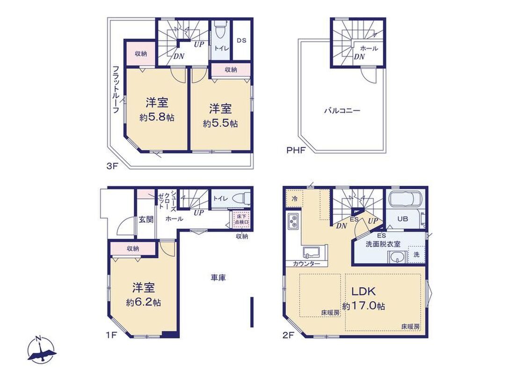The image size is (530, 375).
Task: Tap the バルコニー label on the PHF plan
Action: (342, 111)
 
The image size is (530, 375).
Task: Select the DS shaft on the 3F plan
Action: (241, 40)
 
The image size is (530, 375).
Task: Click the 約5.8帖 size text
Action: (157, 118)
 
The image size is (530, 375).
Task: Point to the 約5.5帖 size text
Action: (220, 123)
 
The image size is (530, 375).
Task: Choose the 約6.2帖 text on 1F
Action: (143, 302)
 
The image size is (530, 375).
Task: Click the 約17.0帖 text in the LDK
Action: (363, 306)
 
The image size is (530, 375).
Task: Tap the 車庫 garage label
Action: (218, 278)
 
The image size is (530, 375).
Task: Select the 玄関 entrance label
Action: (145, 219)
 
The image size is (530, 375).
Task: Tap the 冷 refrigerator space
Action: (294, 198)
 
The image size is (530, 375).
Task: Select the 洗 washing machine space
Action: (416, 255)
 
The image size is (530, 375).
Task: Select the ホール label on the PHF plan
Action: (370, 48)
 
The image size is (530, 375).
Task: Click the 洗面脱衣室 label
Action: (383, 244)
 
